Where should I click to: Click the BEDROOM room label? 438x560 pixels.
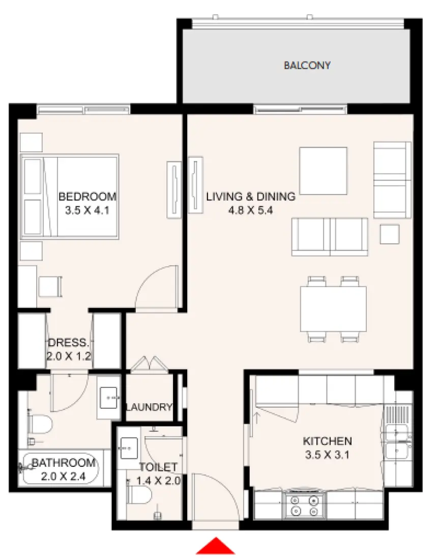point(87,197)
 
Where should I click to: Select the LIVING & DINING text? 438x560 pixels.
point(250,197)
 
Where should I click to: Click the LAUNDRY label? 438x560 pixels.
point(149,407)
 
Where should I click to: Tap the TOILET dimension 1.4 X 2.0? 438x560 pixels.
point(158,480)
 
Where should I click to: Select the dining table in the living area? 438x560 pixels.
point(333,309)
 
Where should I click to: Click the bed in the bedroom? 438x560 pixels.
point(70,197)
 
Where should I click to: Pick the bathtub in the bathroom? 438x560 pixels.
point(60,468)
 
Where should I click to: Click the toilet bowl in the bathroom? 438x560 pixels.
point(41,423)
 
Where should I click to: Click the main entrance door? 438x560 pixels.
point(215,496)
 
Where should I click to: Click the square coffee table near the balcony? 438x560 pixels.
point(323,171)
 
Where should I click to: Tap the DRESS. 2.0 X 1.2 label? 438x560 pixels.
point(69,349)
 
